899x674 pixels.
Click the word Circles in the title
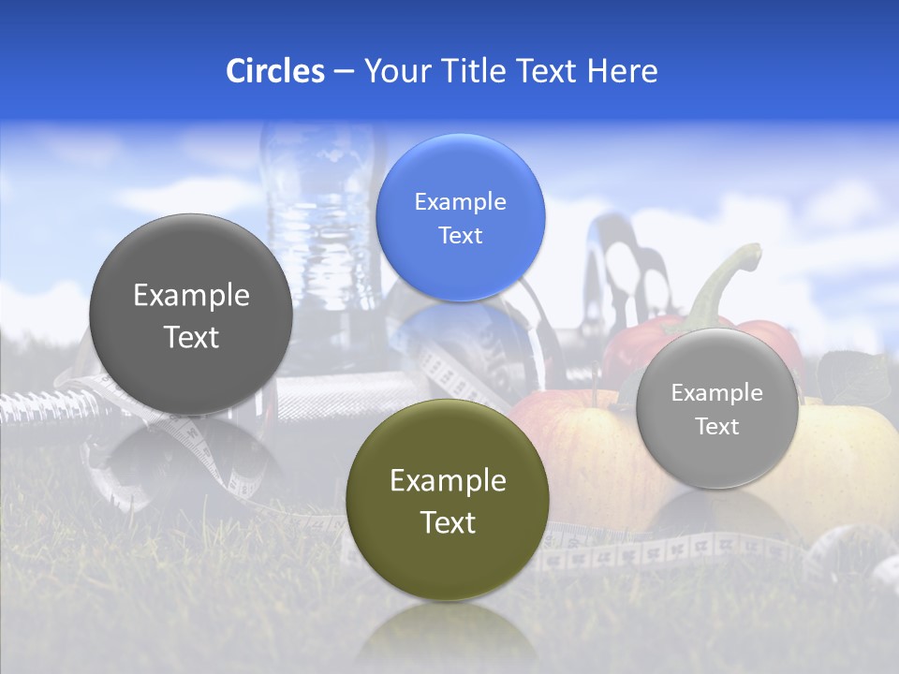[x=274, y=71]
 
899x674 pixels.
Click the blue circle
[x=460, y=217]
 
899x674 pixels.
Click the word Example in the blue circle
[x=460, y=201]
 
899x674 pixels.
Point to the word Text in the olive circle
[x=448, y=522]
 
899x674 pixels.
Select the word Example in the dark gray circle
[x=191, y=296]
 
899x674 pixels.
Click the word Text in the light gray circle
[x=716, y=427]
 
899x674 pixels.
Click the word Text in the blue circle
[x=460, y=235]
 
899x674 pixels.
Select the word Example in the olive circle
[x=448, y=481]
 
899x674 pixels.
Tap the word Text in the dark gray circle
[x=191, y=337]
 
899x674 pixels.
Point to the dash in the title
[x=344, y=71]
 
